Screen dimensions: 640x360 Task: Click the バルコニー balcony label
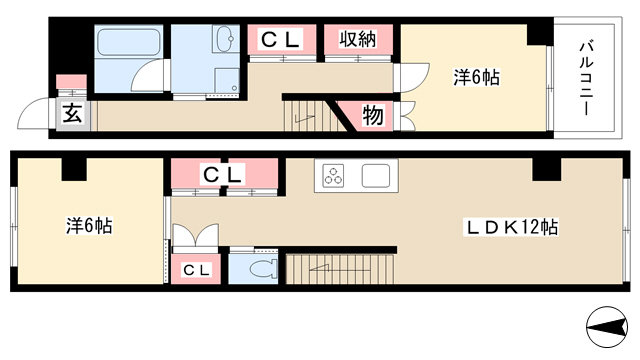(586, 78)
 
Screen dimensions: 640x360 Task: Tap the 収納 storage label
(358, 39)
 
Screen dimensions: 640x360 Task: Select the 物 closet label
(373, 115)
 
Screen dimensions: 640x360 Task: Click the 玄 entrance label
(73, 113)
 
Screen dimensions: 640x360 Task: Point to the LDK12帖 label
(512, 227)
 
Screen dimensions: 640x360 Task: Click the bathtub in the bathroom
(129, 42)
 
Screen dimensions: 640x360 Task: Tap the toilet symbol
(262, 269)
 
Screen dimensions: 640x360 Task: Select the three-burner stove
(333, 176)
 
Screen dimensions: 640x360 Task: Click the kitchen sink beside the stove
(376, 176)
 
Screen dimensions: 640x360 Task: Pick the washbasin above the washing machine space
(225, 39)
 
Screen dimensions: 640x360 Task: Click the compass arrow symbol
(607, 327)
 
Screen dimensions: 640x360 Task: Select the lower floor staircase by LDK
(340, 269)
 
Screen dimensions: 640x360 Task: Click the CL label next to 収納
(281, 40)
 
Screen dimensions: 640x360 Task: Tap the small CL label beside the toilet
(196, 270)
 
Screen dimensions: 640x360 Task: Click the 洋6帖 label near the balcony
(476, 78)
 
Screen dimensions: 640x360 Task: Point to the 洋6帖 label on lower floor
(89, 226)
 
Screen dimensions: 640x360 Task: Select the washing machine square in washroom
(226, 80)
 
